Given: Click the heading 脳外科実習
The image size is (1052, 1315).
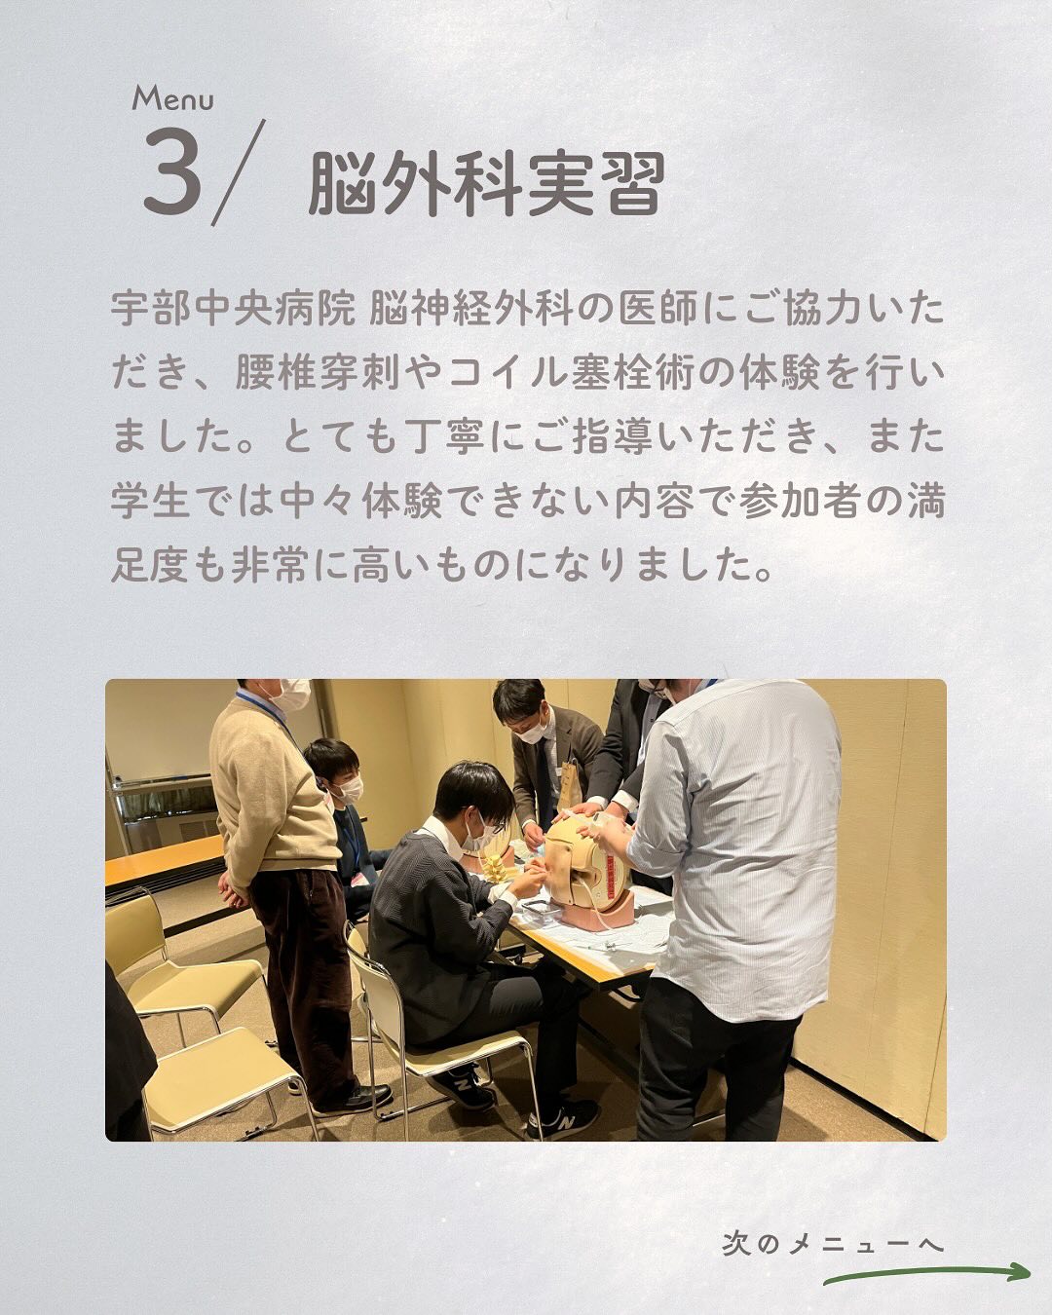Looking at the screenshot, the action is coord(487,184).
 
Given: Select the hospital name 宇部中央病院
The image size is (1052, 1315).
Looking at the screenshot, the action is coord(233,310).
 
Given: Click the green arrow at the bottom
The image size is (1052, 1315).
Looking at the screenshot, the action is coord(926,1273).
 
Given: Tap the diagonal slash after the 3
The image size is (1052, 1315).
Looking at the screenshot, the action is coord(239,172).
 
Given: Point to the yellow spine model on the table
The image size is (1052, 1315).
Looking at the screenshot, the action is coord(493,868).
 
